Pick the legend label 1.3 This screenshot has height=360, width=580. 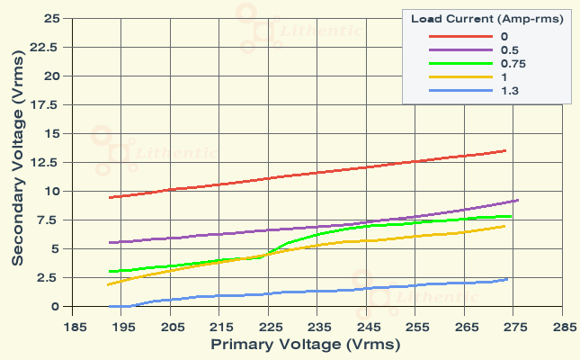coord(509,91)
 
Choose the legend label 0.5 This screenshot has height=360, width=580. coord(509,49)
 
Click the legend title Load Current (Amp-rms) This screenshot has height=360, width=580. coord(486,19)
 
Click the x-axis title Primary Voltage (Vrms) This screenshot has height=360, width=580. coord(305,344)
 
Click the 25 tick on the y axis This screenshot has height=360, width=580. coord(52,18)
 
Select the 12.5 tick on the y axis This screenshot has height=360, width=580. coord(47,162)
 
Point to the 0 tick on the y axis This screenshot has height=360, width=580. coord(56,307)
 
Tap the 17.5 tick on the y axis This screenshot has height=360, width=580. coord(47,104)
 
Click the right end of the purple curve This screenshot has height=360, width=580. coord(518,200)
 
